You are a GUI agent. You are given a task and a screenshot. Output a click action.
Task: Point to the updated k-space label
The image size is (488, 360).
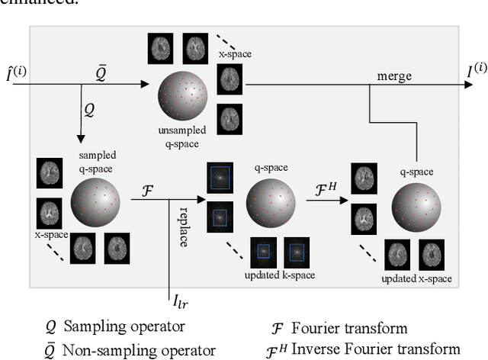click(277, 273)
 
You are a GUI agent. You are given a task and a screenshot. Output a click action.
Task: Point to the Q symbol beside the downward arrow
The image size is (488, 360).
click(89, 111)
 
